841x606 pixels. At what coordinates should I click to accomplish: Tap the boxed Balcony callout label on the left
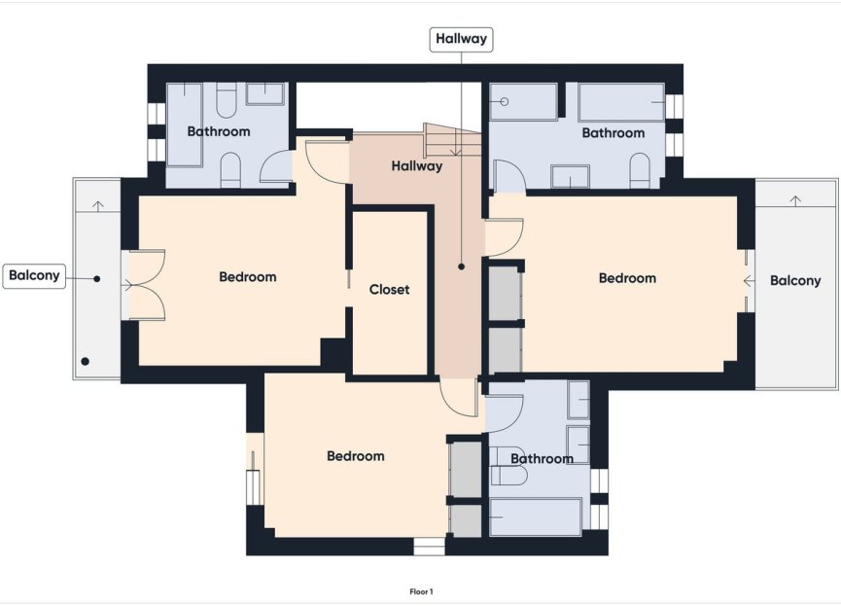(34, 275)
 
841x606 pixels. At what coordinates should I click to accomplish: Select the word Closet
(389, 290)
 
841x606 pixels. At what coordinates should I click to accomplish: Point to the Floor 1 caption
(421, 590)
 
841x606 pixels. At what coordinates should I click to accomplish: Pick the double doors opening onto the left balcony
(144, 285)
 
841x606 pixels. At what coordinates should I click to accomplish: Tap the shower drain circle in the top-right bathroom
(505, 101)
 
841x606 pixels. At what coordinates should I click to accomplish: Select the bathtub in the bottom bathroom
(535, 517)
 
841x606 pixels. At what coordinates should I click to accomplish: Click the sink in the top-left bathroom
(263, 93)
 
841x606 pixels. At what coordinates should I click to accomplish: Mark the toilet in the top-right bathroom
(640, 171)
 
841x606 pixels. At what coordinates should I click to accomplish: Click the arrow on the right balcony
(796, 200)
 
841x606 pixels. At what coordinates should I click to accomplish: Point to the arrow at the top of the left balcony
(97, 205)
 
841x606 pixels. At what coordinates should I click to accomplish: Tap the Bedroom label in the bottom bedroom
(355, 456)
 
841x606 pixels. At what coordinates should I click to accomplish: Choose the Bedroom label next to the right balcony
(627, 278)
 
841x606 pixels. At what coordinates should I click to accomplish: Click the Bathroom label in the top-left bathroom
(219, 131)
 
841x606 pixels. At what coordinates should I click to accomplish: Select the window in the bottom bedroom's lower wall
(429, 547)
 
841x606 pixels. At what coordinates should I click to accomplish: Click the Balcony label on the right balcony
(795, 281)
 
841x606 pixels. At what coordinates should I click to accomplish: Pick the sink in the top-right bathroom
(569, 176)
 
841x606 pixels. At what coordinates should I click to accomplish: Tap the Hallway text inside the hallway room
(417, 166)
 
